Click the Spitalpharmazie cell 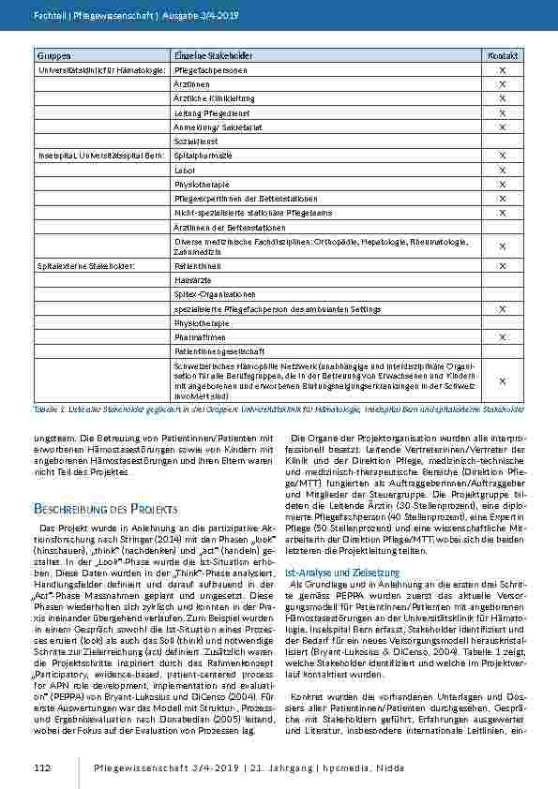click(x=203, y=155)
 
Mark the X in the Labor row click(x=502, y=170)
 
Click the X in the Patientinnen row click(x=502, y=266)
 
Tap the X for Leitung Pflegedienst click(x=502, y=112)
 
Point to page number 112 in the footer click(x=41, y=769)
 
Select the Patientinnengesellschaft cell click(x=217, y=350)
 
